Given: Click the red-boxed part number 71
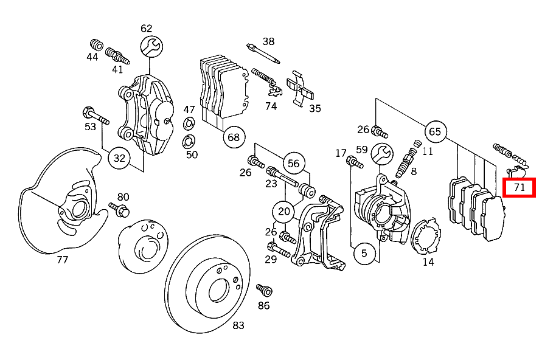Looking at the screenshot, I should click(519, 187).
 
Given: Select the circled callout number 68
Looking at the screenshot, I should click(234, 137).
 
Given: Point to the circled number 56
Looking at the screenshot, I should click(294, 163).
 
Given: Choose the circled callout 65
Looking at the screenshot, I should click(435, 131).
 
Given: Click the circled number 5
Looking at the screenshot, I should click(364, 253).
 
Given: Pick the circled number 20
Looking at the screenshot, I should click(284, 212).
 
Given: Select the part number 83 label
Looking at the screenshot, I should click(238, 326).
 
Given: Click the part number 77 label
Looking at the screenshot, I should click(62, 260).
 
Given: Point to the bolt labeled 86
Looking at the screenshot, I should click(263, 290).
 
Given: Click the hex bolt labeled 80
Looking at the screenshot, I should click(119, 210).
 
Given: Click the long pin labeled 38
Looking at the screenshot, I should click(263, 54).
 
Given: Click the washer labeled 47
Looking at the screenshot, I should click(189, 125).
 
